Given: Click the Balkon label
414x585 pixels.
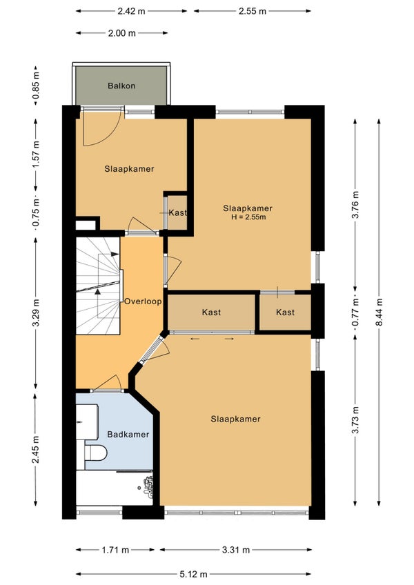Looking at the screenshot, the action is [x=121, y=86].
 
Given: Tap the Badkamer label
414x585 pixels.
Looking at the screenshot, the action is [x=128, y=435].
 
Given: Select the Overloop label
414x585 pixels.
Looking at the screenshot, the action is [x=143, y=301].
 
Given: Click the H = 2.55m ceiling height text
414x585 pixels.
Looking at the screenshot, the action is [x=248, y=217].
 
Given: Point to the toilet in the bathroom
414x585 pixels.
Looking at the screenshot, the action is [x=96, y=452].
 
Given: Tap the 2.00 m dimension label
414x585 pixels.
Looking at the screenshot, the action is [x=122, y=33].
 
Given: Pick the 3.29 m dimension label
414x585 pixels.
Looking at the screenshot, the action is [x=36, y=313].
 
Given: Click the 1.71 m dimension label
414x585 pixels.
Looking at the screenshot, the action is [x=115, y=550].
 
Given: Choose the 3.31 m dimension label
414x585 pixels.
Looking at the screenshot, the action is [x=236, y=550].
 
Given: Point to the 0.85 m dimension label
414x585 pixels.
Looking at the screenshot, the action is [x=36, y=86].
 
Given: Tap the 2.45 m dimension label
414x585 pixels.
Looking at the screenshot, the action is [x=36, y=450].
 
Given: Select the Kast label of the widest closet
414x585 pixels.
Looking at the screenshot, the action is [x=211, y=313].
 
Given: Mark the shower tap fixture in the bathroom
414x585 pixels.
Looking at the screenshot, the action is [x=148, y=487].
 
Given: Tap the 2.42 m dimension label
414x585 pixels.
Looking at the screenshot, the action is [x=131, y=11].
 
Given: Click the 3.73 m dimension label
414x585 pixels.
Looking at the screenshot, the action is [x=355, y=419].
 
